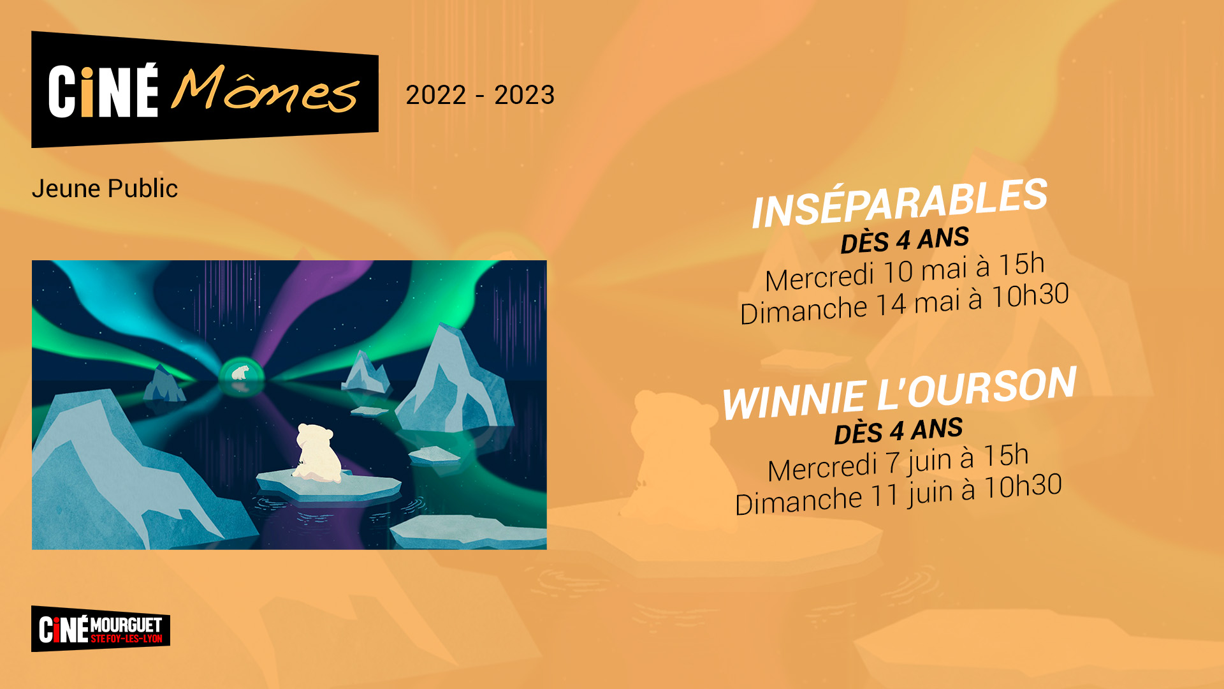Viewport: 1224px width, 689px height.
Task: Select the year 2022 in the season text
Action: tap(436, 95)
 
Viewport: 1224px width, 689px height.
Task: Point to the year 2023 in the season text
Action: tap(525, 95)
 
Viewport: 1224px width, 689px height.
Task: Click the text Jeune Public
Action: tap(105, 188)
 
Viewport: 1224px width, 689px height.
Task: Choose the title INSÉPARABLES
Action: tap(900, 203)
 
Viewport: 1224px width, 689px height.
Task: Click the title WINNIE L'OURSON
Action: tap(900, 393)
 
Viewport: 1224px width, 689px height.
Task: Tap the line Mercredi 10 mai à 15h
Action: tap(905, 271)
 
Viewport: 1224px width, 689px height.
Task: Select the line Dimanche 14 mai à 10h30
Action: tap(904, 303)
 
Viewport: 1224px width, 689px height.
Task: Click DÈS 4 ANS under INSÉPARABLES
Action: tap(905, 239)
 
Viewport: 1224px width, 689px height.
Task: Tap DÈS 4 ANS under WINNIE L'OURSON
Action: tap(898, 430)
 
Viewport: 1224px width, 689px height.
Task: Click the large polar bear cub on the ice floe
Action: tap(317, 453)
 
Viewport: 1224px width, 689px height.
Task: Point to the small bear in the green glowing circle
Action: tap(240, 372)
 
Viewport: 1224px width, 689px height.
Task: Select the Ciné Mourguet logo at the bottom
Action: tap(101, 629)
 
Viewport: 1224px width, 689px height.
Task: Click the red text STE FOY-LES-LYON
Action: tap(126, 639)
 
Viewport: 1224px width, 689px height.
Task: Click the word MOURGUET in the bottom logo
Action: tap(126, 625)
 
